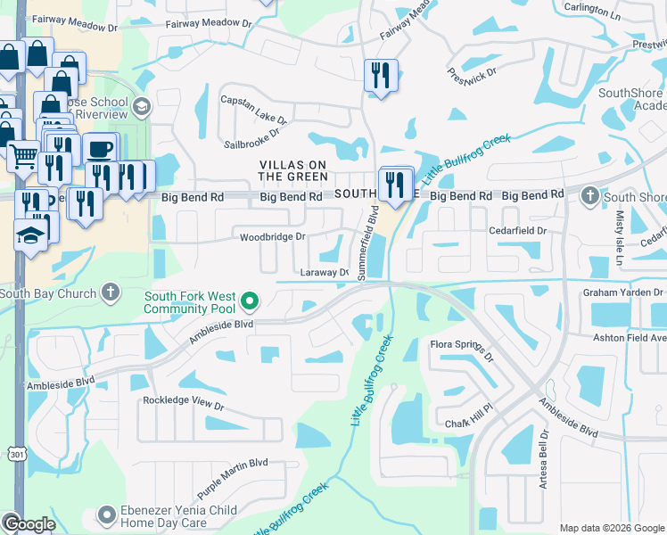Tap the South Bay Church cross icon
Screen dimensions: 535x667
(x=110, y=292)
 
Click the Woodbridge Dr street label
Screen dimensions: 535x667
(x=273, y=237)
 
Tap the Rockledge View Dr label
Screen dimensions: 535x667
(x=184, y=402)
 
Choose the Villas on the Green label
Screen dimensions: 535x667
(x=293, y=170)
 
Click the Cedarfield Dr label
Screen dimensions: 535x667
(x=517, y=230)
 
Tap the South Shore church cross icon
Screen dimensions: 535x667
(x=589, y=195)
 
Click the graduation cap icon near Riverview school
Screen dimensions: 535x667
(x=140, y=108)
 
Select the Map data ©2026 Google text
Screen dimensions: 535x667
(x=612, y=528)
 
